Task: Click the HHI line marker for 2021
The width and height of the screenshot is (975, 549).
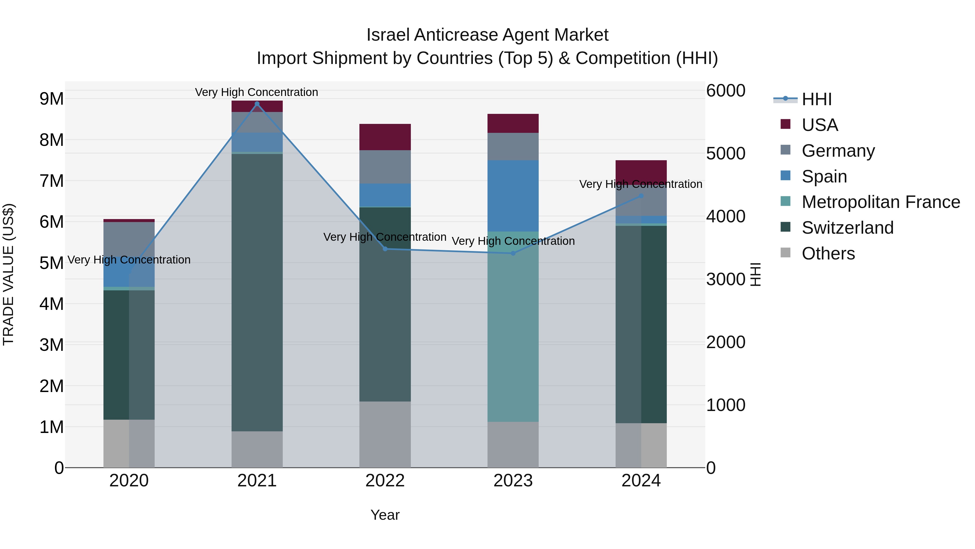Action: click(x=257, y=104)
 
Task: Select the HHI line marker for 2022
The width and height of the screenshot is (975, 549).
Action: click(x=385, y=249)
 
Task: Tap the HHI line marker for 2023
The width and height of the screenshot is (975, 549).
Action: click(x=513, y=253)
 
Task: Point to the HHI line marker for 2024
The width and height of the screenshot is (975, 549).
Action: click(x=641, y=196)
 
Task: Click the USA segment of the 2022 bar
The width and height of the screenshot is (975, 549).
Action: click(x=385, y=137)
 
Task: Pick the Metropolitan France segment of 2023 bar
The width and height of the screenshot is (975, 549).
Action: click(x=513, y=327)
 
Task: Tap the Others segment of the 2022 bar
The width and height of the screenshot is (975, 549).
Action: click(x=385, y=434)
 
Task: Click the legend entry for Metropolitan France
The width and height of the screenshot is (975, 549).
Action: click(x=881, y=202)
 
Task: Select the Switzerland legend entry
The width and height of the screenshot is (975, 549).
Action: click(x=847, y=228)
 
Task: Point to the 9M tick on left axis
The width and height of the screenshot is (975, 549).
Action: click(x=51, y=99)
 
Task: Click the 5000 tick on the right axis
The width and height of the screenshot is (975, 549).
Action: click(x=726, y=153)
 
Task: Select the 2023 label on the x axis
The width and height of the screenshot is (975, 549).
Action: click(x=513, y=481)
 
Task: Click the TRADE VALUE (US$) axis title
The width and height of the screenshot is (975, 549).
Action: click(x=9, y=274)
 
